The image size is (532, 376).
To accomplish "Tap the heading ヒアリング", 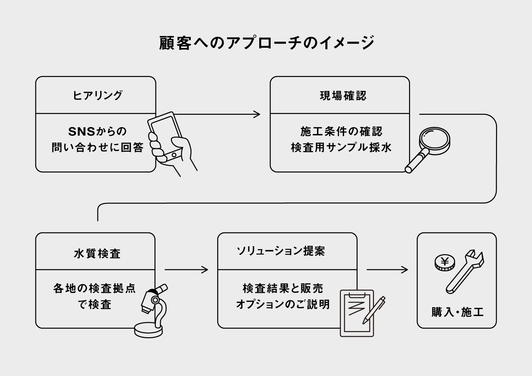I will pyautogui.click(x=97, y=96).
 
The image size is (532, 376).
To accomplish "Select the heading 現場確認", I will pyautogui.click(x=343, y=96).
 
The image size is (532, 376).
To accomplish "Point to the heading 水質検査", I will pyautogui.click(x=97, y=254).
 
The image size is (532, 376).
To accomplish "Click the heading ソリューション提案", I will pyautogui.click(x=281, y=251).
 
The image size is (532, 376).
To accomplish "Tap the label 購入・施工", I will pyautogui.click(x=457, y=312).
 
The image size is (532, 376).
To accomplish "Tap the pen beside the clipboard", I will pyautogui.click(x=374, y=309).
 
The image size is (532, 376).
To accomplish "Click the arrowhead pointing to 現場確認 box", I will pyautogui.click(x=257, y=114).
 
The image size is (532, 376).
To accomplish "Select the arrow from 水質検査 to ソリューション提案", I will pyautogui.click(x=186, y=270).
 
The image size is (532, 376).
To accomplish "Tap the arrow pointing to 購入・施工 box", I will pyautogui.click(x=387, y=270).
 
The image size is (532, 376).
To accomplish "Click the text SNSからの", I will pyautogui.click(x=97, y=132).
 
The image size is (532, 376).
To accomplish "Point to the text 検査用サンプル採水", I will pyautogui.click(x=341, y=147).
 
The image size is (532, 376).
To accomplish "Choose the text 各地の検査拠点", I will pyautogui.click(x=94, y=288).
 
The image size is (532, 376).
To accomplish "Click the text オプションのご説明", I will pyautogui.click(x=283, y=304).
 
